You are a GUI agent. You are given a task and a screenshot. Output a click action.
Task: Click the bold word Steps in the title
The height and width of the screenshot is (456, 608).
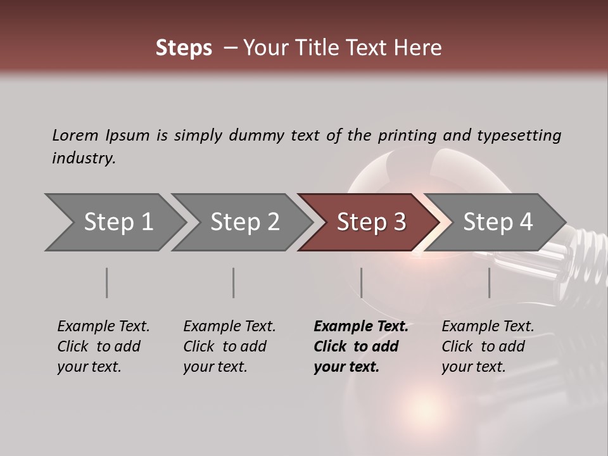pyautogui.click(x=184, y=48)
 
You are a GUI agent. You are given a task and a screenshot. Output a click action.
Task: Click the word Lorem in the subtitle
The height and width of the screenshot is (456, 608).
pyautogui.click(x=75, y=135)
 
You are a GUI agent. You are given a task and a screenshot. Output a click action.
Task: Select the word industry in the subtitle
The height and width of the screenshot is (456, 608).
pyautogui.click(x=84, y=158)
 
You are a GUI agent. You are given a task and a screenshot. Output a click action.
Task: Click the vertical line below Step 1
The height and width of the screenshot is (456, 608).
pyautogui.click(x=107, y=282)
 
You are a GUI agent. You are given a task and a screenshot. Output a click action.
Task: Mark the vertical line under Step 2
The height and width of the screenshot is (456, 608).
pyautogui.click(x=234, y=282)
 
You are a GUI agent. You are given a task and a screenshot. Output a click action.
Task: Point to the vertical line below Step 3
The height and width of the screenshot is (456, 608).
pyautogui.click(x=362, y=282)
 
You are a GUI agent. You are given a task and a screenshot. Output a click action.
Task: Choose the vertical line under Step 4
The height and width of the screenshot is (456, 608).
pyautogui.click(x=490, y=282)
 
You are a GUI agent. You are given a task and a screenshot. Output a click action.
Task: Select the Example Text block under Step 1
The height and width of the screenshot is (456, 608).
pyautogui.click(x=103, y=346)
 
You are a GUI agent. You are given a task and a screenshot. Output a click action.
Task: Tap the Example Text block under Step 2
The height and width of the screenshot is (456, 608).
pyautogui.click(x=229, y=346)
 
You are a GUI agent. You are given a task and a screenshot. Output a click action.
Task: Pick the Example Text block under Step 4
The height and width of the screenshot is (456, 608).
pyautogui.click(x=488, y=346)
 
